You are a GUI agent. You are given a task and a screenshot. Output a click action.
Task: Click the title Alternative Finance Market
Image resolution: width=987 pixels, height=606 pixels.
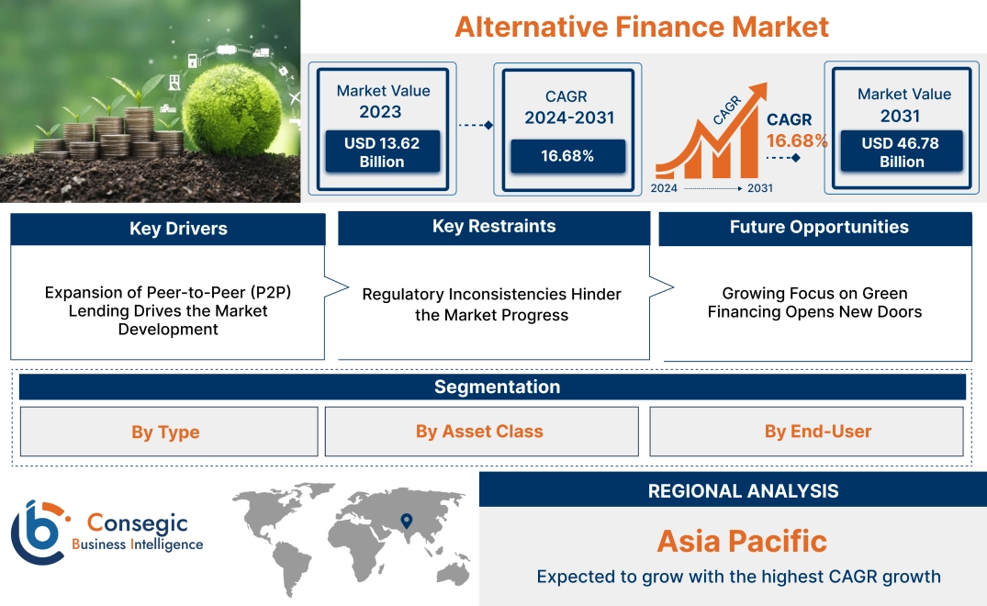pyautogui.click(x=642, y=27)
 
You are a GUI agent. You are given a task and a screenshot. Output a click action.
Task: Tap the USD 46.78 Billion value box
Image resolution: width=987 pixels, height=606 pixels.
pyautogui.click(x=901, y=152)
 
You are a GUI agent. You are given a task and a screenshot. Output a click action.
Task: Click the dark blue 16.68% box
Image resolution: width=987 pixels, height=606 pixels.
pyautogui.click(x=567, y=156)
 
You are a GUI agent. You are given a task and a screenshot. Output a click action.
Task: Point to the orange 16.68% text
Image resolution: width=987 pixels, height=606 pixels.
pyautogui.click(x=797, y=140)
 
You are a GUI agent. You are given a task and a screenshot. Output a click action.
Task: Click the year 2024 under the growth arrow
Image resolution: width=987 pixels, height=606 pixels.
pyautogui.click(x=666, y=188)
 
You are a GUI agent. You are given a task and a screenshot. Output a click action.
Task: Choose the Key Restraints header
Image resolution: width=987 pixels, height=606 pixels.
pyautogui.click(x=494, y=227)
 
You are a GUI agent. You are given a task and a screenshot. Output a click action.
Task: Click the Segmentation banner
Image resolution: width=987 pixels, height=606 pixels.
pyautogui.click(x=497, y=387)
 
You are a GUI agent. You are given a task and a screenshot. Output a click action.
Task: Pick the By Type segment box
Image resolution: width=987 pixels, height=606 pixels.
pyautogui.click(x=165, y=432)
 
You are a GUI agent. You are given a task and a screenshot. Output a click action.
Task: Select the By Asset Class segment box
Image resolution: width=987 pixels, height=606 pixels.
pyautogui.click(x=479, y=432)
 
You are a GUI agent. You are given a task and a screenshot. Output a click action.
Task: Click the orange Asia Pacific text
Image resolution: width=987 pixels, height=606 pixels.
pyautogui.click(x=742, y=541)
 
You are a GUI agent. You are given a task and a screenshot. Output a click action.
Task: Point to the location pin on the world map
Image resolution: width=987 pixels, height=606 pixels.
pyautogui.click(x=405, y=522)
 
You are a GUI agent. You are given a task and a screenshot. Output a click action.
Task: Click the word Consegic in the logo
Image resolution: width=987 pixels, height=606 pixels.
pyautogui.click(x=137, y=523)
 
